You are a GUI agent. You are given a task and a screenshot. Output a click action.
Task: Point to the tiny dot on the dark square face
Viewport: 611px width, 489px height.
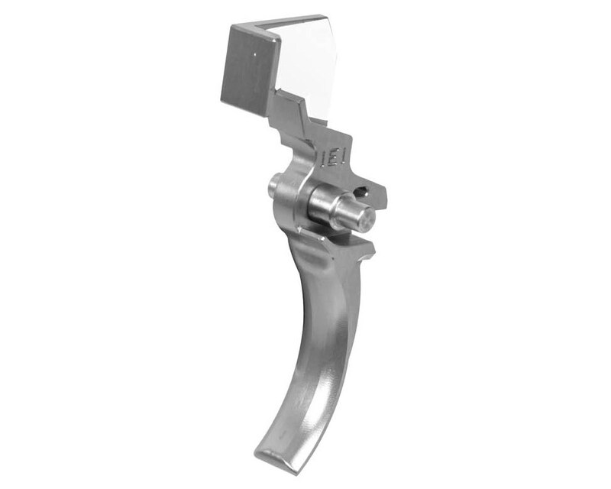(252, 54)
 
